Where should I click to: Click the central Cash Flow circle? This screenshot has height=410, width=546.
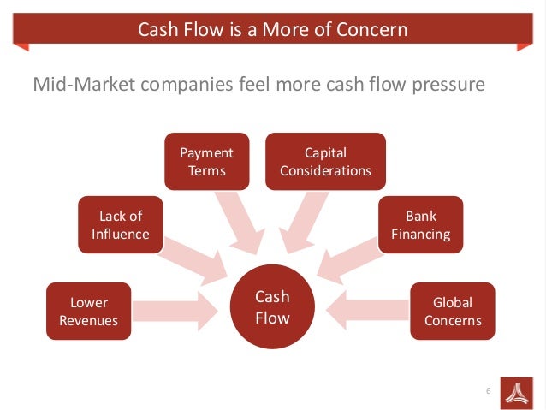pyautogui.click(x=273, y=307)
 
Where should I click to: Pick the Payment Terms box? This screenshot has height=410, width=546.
pyautogui.click(x=207, y=161)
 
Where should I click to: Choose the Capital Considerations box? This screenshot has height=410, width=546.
pyautogui.click(x=325, y=161)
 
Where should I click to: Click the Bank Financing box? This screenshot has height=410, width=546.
pyautogui.click(x=421, y=225)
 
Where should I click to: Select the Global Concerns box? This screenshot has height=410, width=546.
pyautogui.click(x=452, y=312)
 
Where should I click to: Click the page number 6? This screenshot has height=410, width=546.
pyautogui.click(x=488, y=391)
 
